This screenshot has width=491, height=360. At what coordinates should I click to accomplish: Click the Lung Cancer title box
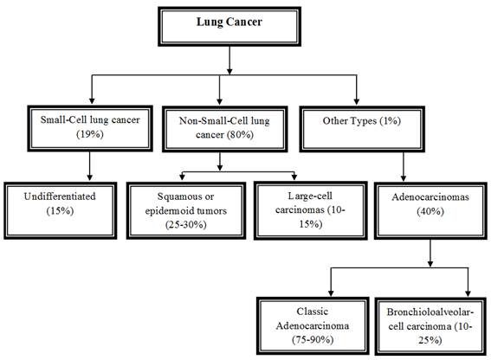(229, 27)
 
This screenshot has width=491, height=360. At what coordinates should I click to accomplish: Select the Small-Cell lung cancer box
(90, 128)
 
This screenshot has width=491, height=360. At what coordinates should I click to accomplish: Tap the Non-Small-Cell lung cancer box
(225, 129)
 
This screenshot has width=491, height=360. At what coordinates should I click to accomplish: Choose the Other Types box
(362, 129)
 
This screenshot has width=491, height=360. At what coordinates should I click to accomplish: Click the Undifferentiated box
(61, 210)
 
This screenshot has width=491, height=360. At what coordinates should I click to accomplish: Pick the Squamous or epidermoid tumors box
(186, 210)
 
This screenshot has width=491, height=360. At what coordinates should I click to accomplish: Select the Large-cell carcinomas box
(310, 210)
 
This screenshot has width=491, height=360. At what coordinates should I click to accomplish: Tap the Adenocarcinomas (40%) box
(430, 210)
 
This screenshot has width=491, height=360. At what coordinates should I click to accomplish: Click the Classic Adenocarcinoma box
(313, 326)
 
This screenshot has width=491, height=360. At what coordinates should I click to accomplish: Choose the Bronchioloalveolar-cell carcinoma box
(430, 326)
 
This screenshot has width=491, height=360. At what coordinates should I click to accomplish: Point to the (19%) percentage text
(90, 134)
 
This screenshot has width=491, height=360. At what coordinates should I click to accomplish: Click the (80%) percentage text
(240, 135)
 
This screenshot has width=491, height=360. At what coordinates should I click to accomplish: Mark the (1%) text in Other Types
(391, 121)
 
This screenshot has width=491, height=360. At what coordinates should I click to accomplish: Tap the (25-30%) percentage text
(186, 224)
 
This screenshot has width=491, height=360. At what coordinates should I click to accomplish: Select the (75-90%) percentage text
(313, 339)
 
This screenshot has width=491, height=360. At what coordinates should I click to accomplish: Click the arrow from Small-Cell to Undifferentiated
(90, 166)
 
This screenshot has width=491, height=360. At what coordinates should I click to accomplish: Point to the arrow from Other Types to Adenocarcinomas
(404, 166)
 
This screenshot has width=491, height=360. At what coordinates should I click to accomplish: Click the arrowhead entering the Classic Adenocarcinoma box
(331, 293)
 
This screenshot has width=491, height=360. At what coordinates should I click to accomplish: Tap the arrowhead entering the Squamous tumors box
(182, 177)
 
